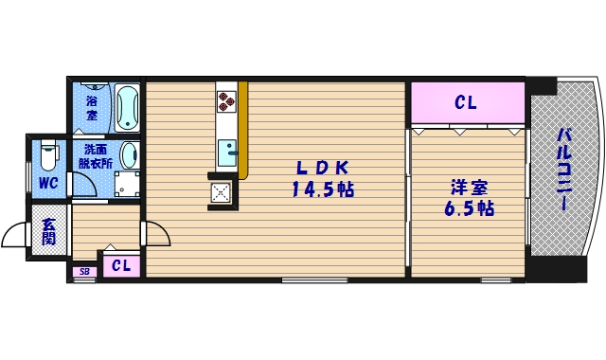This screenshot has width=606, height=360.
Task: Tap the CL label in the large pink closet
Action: click(466, 102)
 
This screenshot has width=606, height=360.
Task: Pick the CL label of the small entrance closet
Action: click(121, 265)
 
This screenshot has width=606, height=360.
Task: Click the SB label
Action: click(84, 273)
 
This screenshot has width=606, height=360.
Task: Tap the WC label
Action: click(47, 183)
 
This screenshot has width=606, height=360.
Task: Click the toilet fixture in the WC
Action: click(50, 153)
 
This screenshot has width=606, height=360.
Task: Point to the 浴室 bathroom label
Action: click(92, 107)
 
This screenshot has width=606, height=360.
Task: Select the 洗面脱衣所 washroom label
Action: click(95, 156)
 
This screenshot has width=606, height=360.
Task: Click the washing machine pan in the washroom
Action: click(122, 184)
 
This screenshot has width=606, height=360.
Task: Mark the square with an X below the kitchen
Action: click(222, 192)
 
